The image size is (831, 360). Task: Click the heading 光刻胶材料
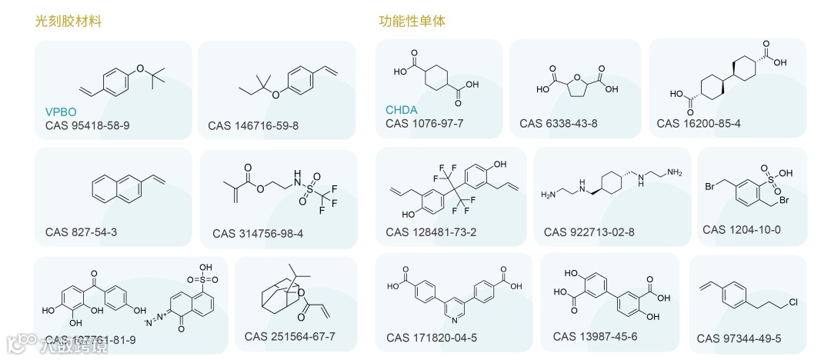[68, 22]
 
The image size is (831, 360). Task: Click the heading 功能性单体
[412, 22]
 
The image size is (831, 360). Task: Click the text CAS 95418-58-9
[87, 125]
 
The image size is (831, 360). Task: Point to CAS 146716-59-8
[253, 125]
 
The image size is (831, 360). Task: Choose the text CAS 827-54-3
[82, 232]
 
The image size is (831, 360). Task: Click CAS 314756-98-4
[258, 233]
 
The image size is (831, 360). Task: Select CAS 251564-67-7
[290, 336]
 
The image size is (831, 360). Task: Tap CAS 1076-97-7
[424, 123]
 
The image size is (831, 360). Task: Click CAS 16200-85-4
[699, 123]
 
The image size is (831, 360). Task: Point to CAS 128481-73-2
[431, 232]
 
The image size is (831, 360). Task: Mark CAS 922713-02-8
[589, 232]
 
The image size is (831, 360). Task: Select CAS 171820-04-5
[431, 338]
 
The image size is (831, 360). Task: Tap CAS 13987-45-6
[595, 336]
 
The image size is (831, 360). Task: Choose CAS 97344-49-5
[739, 338]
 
